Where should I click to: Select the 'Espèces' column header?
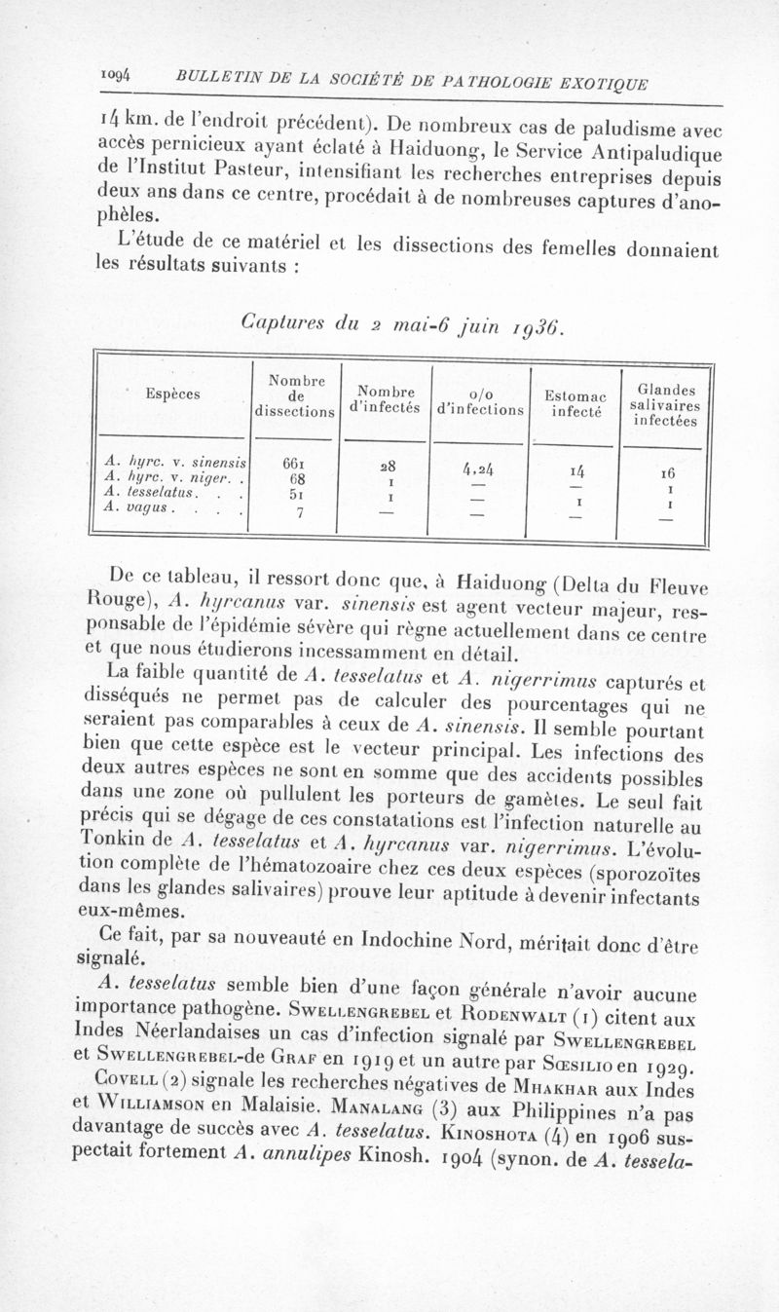pos(173,394)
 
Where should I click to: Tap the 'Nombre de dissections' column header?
pos(293,394)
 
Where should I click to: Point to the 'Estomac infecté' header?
pos(575,402)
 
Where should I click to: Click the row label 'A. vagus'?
pos(140,507)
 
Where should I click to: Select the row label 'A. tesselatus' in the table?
pos(149,492)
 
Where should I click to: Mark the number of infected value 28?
pos(389,466)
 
